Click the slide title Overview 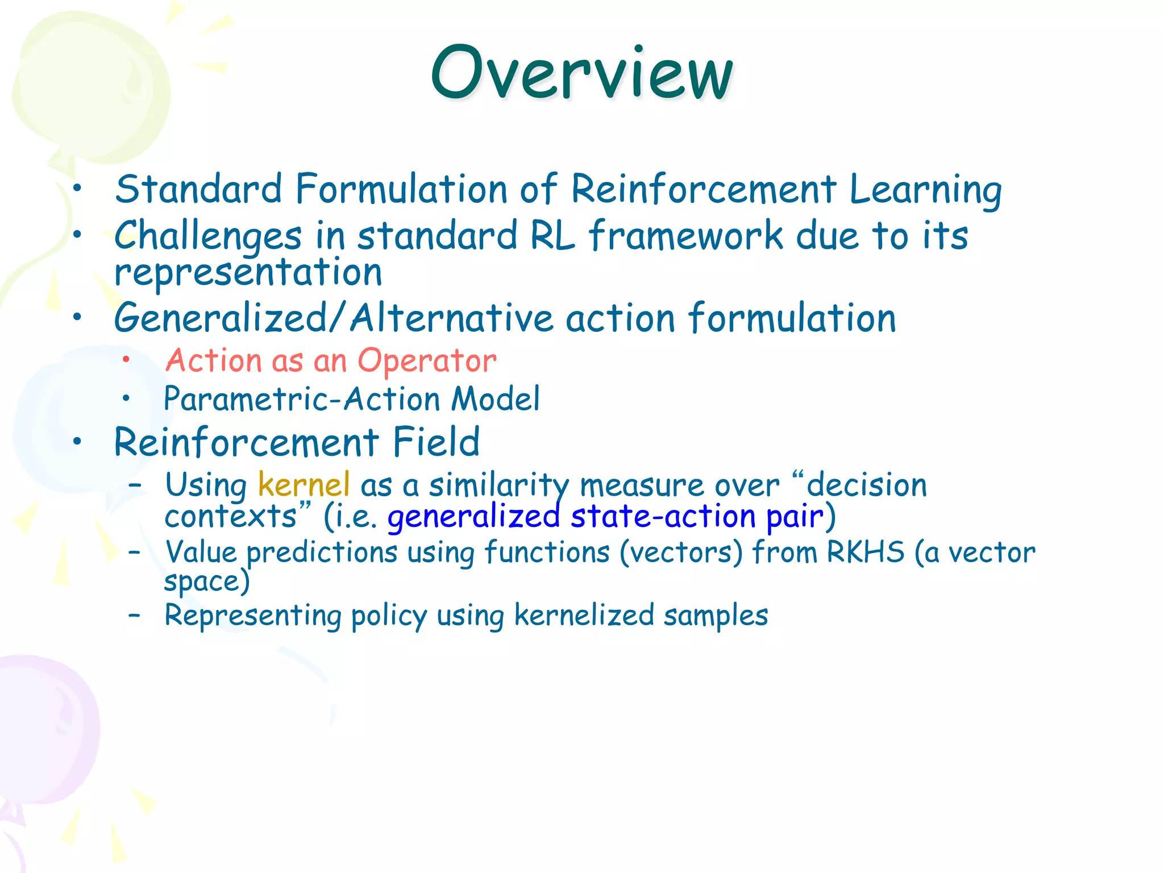click(581, 74)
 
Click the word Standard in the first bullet click(198, 189)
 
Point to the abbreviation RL click(552, 236)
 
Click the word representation click(248, 273)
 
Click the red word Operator click(427, 361)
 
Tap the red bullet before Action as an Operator click(126, 359)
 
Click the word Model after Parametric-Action click(495, 399)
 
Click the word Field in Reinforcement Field click(436, 442)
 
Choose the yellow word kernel click(304, 485)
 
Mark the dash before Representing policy click(134, 614)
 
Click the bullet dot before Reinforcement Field click(78, 441)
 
